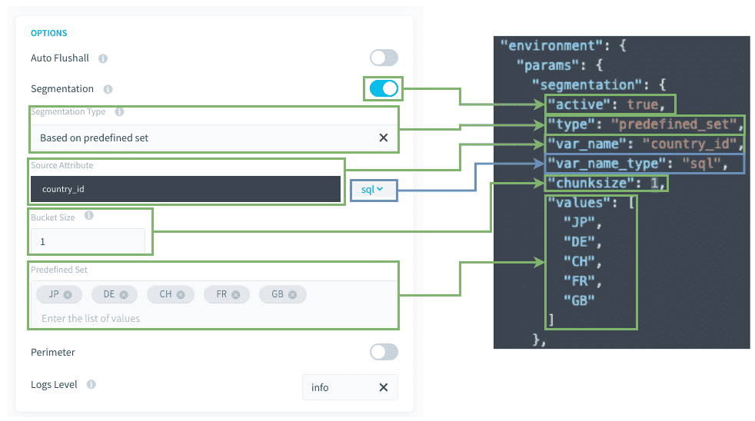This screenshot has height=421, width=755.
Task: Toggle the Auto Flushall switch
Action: point(384,58)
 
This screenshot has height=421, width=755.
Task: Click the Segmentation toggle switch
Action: point(384,88)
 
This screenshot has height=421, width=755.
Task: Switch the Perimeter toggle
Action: point(384,352)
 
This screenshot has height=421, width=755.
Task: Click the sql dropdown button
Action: point(373,190)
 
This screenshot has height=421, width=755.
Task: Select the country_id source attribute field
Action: point(185,189)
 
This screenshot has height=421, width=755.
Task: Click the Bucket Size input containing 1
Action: point(88,241)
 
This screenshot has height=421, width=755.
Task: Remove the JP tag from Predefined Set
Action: point(68,294)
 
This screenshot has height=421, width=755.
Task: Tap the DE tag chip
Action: point(115,294)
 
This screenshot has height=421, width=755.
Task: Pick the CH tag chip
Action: point(171,294)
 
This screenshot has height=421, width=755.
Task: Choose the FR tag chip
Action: point(227,294)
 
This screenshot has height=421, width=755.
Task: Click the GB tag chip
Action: point(283,294)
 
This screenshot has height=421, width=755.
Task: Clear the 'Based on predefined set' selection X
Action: point(384,138)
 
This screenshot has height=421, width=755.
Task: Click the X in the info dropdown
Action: point(384,387)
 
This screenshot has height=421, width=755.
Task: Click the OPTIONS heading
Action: point(48,33)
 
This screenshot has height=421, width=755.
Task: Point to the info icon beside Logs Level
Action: point(91,384)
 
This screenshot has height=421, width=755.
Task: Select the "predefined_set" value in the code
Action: point(674,124)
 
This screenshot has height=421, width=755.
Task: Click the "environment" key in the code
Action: point(551,45)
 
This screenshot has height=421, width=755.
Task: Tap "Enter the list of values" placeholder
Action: point(91,319)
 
